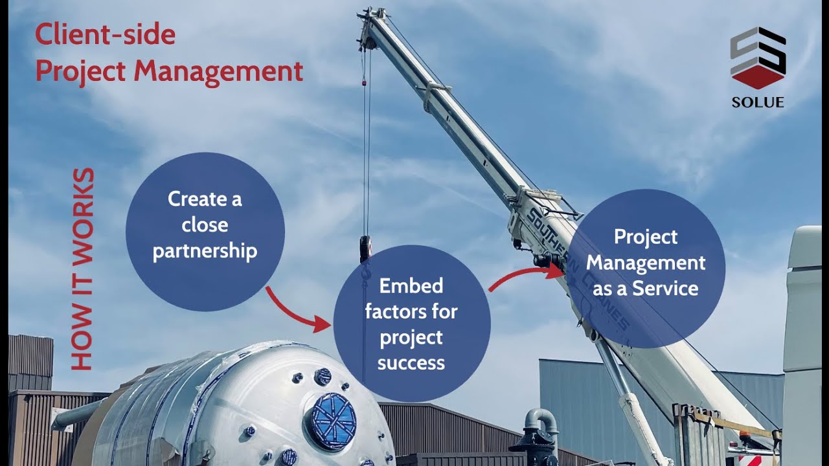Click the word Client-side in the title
click(105, 34)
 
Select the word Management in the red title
click(219, 71)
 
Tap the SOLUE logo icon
click(758, 58)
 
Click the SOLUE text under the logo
click(758, 102)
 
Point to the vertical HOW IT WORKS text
click(83, 269)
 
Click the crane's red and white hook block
click(366, 249)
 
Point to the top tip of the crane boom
click(371, 14)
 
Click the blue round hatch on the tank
click(334, 421)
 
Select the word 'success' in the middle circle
click(411, 362)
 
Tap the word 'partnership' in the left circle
click(205, 251)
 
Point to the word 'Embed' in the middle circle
click(411, 285)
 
